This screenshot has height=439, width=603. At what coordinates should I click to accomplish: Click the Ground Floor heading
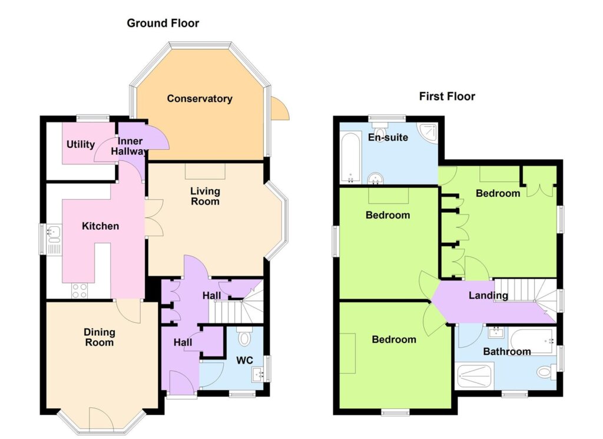tap(163, 24)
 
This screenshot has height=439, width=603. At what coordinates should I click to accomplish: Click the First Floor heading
tap(447, 96)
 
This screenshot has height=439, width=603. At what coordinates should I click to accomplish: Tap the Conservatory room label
tap(200, 98)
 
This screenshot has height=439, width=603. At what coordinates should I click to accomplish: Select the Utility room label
tap(80, 145)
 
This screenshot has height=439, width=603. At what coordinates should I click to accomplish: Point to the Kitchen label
tap(100, 226)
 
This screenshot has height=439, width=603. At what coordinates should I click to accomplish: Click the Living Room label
tap(206, 196)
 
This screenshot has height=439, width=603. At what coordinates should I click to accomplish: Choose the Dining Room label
tap(99, 338)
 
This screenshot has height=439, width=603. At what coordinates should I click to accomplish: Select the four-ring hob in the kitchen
tap(79, 291)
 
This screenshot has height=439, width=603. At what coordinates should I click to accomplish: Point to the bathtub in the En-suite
tap(350, 158)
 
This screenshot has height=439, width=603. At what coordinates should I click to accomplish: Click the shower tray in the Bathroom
tap(474, 376)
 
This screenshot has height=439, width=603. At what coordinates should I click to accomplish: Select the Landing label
tap(488, 295)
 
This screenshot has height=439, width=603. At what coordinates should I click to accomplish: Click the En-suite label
tap(387, 137)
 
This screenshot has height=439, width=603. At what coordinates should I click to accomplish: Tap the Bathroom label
tap(507, 351)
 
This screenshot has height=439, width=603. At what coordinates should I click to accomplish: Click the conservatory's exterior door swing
tap(280, 108)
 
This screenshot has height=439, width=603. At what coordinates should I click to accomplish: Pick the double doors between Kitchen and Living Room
tap(155, 218)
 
